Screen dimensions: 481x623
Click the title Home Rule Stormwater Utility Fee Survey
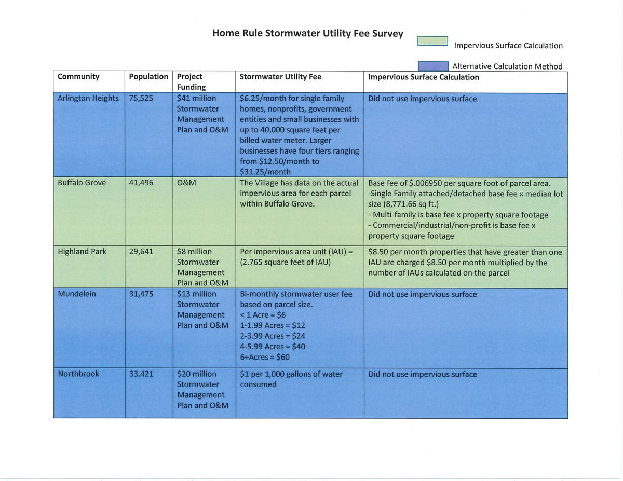(x=307, y=33)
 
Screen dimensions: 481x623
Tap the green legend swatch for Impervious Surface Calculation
(x=432, y=40)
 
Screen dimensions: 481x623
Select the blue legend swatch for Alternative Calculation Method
(x=434, y=66)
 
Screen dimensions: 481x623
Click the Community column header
(x=78, y=77)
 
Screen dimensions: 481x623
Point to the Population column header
(x=148, y=77)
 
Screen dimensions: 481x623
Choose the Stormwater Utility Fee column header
(x=280, y=77)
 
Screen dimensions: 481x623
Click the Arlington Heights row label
(x=88, y=98)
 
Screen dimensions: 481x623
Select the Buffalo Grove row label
(x=82, y=183)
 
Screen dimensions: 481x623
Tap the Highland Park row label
(x=82, y=251)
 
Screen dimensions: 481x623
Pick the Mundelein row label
(x=77, y=294)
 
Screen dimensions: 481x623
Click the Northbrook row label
(x=78, y=374)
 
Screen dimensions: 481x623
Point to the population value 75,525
(x=141, y=98)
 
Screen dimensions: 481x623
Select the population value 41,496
(x=141, y=183)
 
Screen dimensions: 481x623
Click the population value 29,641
(x=141, y=251)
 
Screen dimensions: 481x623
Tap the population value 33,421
(x=141, y=374)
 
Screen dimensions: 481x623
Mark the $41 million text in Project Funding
(x=196, y=98)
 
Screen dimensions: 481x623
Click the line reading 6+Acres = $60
(x=265, y=357)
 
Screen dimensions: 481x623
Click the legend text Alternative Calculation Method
(x=507, y=66)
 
